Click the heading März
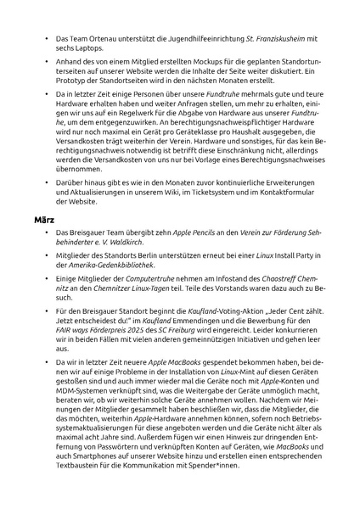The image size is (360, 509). [43, 218]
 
